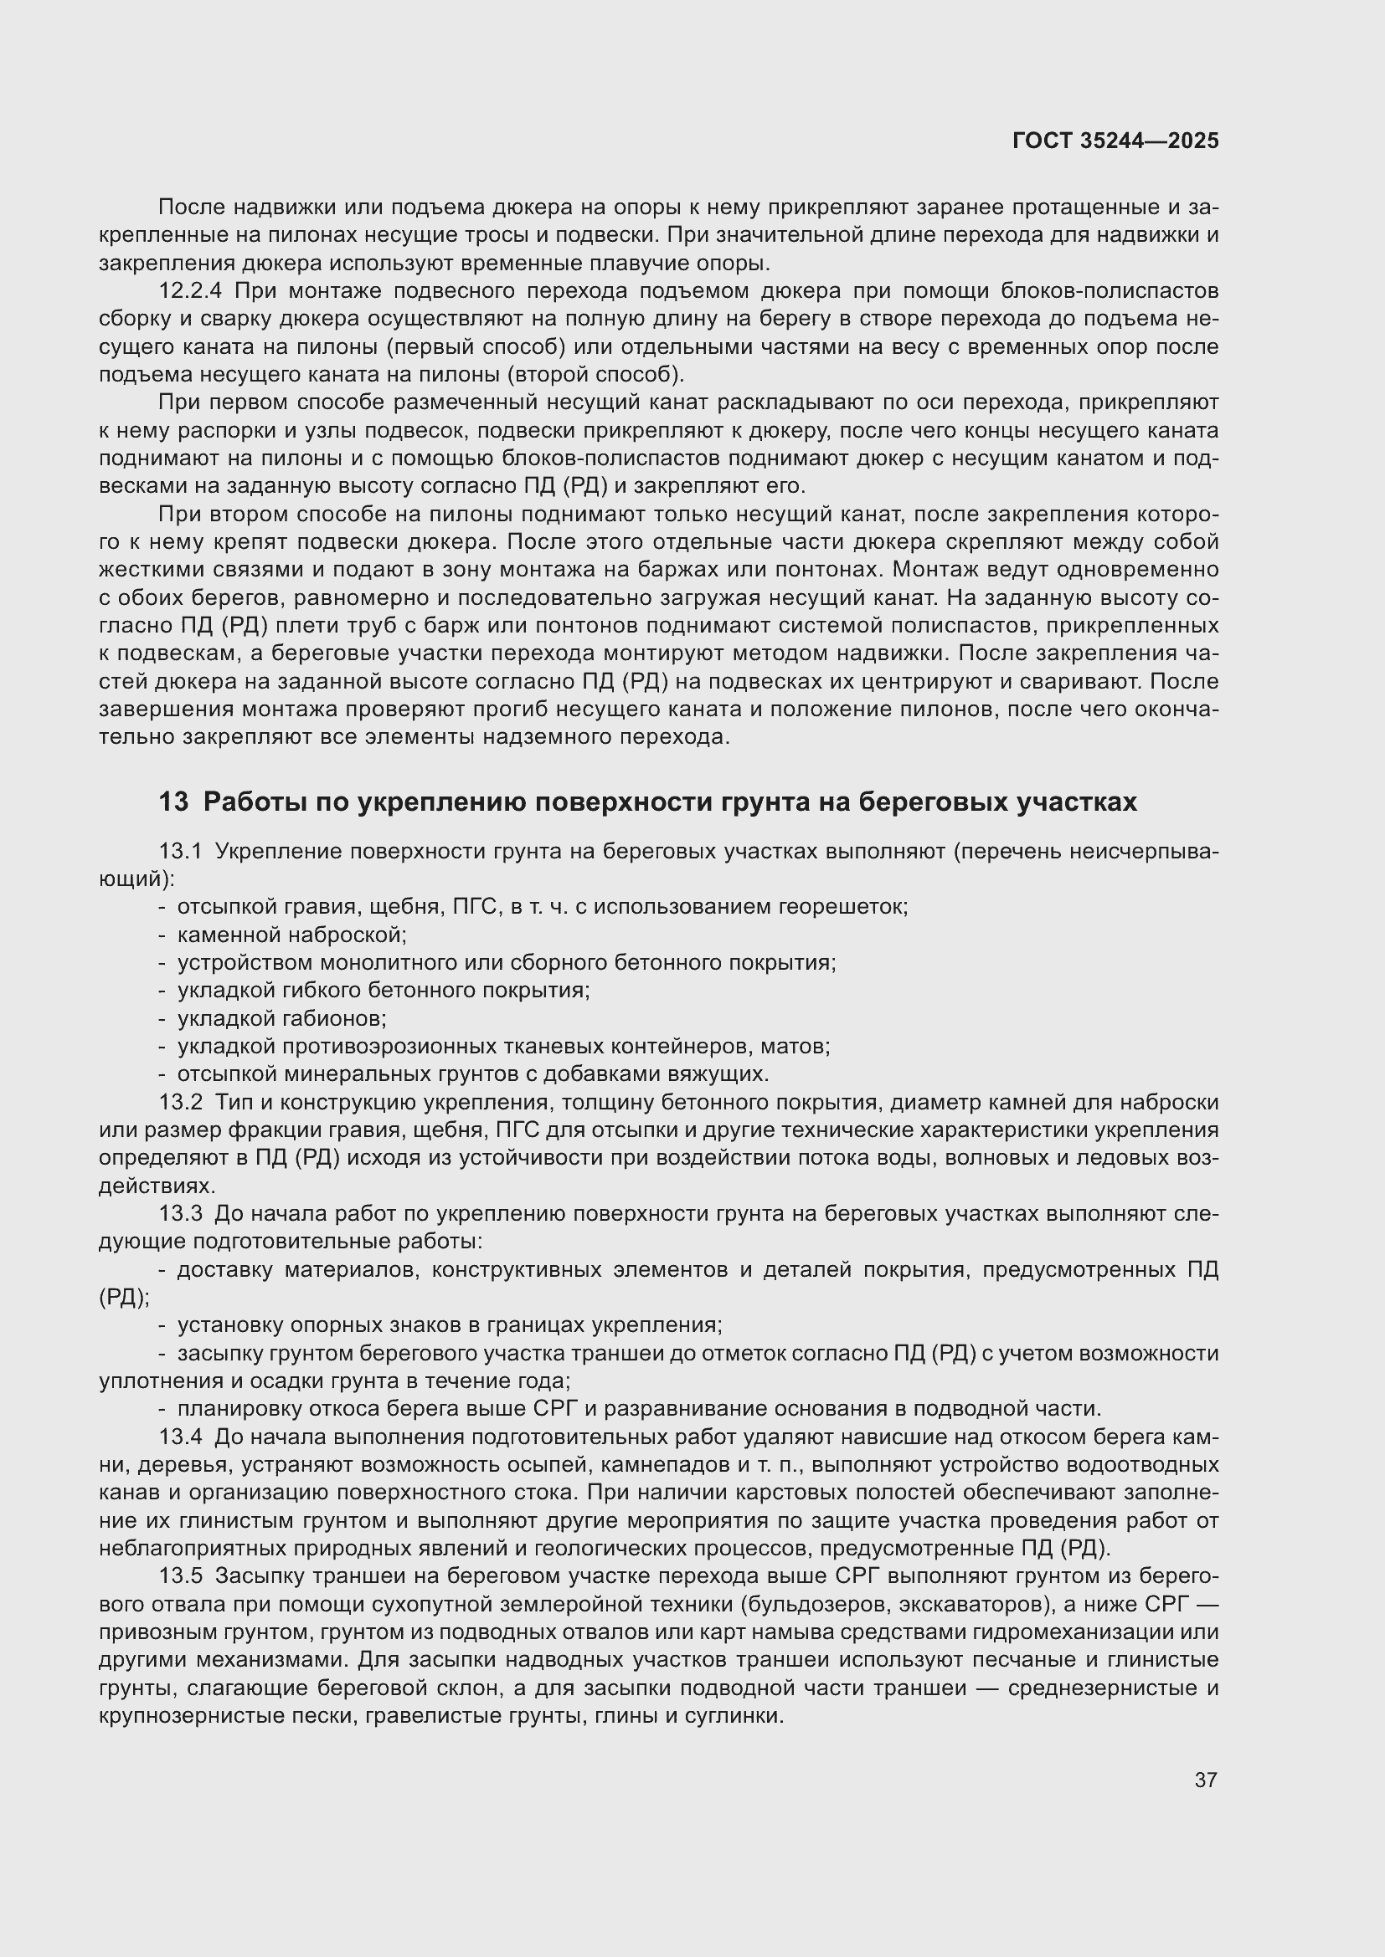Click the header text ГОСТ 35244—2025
tap(1115, 141)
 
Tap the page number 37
tap(1205, 1780)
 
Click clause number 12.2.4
tap(189, 291)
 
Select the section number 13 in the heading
tap(173, 802)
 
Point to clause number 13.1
tap(181, 852)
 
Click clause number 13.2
tap(181, 1103)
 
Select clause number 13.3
tap(181, 1214)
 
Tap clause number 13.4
tap(181, 1437)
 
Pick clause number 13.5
tap(181, 1577)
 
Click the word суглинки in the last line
tap(740, 1716)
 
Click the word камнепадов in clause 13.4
tap(690, 1465)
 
